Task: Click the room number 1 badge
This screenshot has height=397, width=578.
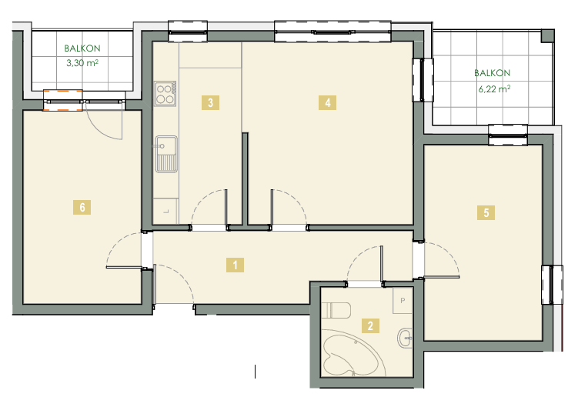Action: [236, 265]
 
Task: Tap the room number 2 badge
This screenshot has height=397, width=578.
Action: [370, 325]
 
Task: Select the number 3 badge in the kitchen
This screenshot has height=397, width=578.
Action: [210, 102]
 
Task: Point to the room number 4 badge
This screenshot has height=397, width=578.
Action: [327, 102]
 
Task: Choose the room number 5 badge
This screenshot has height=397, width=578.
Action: [486, 212]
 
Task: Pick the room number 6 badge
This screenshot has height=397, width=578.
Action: [82, 207]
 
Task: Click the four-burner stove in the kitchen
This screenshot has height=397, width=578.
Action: [165, 94]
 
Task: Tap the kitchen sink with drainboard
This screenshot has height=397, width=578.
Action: [166, 154]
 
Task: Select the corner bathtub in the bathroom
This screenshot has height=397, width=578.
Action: [353, 353]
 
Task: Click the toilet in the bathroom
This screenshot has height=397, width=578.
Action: [336, 310]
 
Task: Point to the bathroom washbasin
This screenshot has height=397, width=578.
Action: [405, 337]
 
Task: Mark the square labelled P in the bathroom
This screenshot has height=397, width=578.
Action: [403, 300]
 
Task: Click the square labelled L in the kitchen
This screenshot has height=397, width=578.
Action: [166, 212]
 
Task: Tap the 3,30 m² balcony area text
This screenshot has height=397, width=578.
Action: [82, 63]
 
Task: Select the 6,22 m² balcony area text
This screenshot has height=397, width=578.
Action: [494, 88]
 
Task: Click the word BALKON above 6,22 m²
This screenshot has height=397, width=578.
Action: [492, 73]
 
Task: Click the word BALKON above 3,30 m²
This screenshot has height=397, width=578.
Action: [82, 48]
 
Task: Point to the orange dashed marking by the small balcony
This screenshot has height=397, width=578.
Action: [62, 100]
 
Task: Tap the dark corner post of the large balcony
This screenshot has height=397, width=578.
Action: [547, 35]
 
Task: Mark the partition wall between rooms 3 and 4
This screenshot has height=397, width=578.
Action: [246, 178]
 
